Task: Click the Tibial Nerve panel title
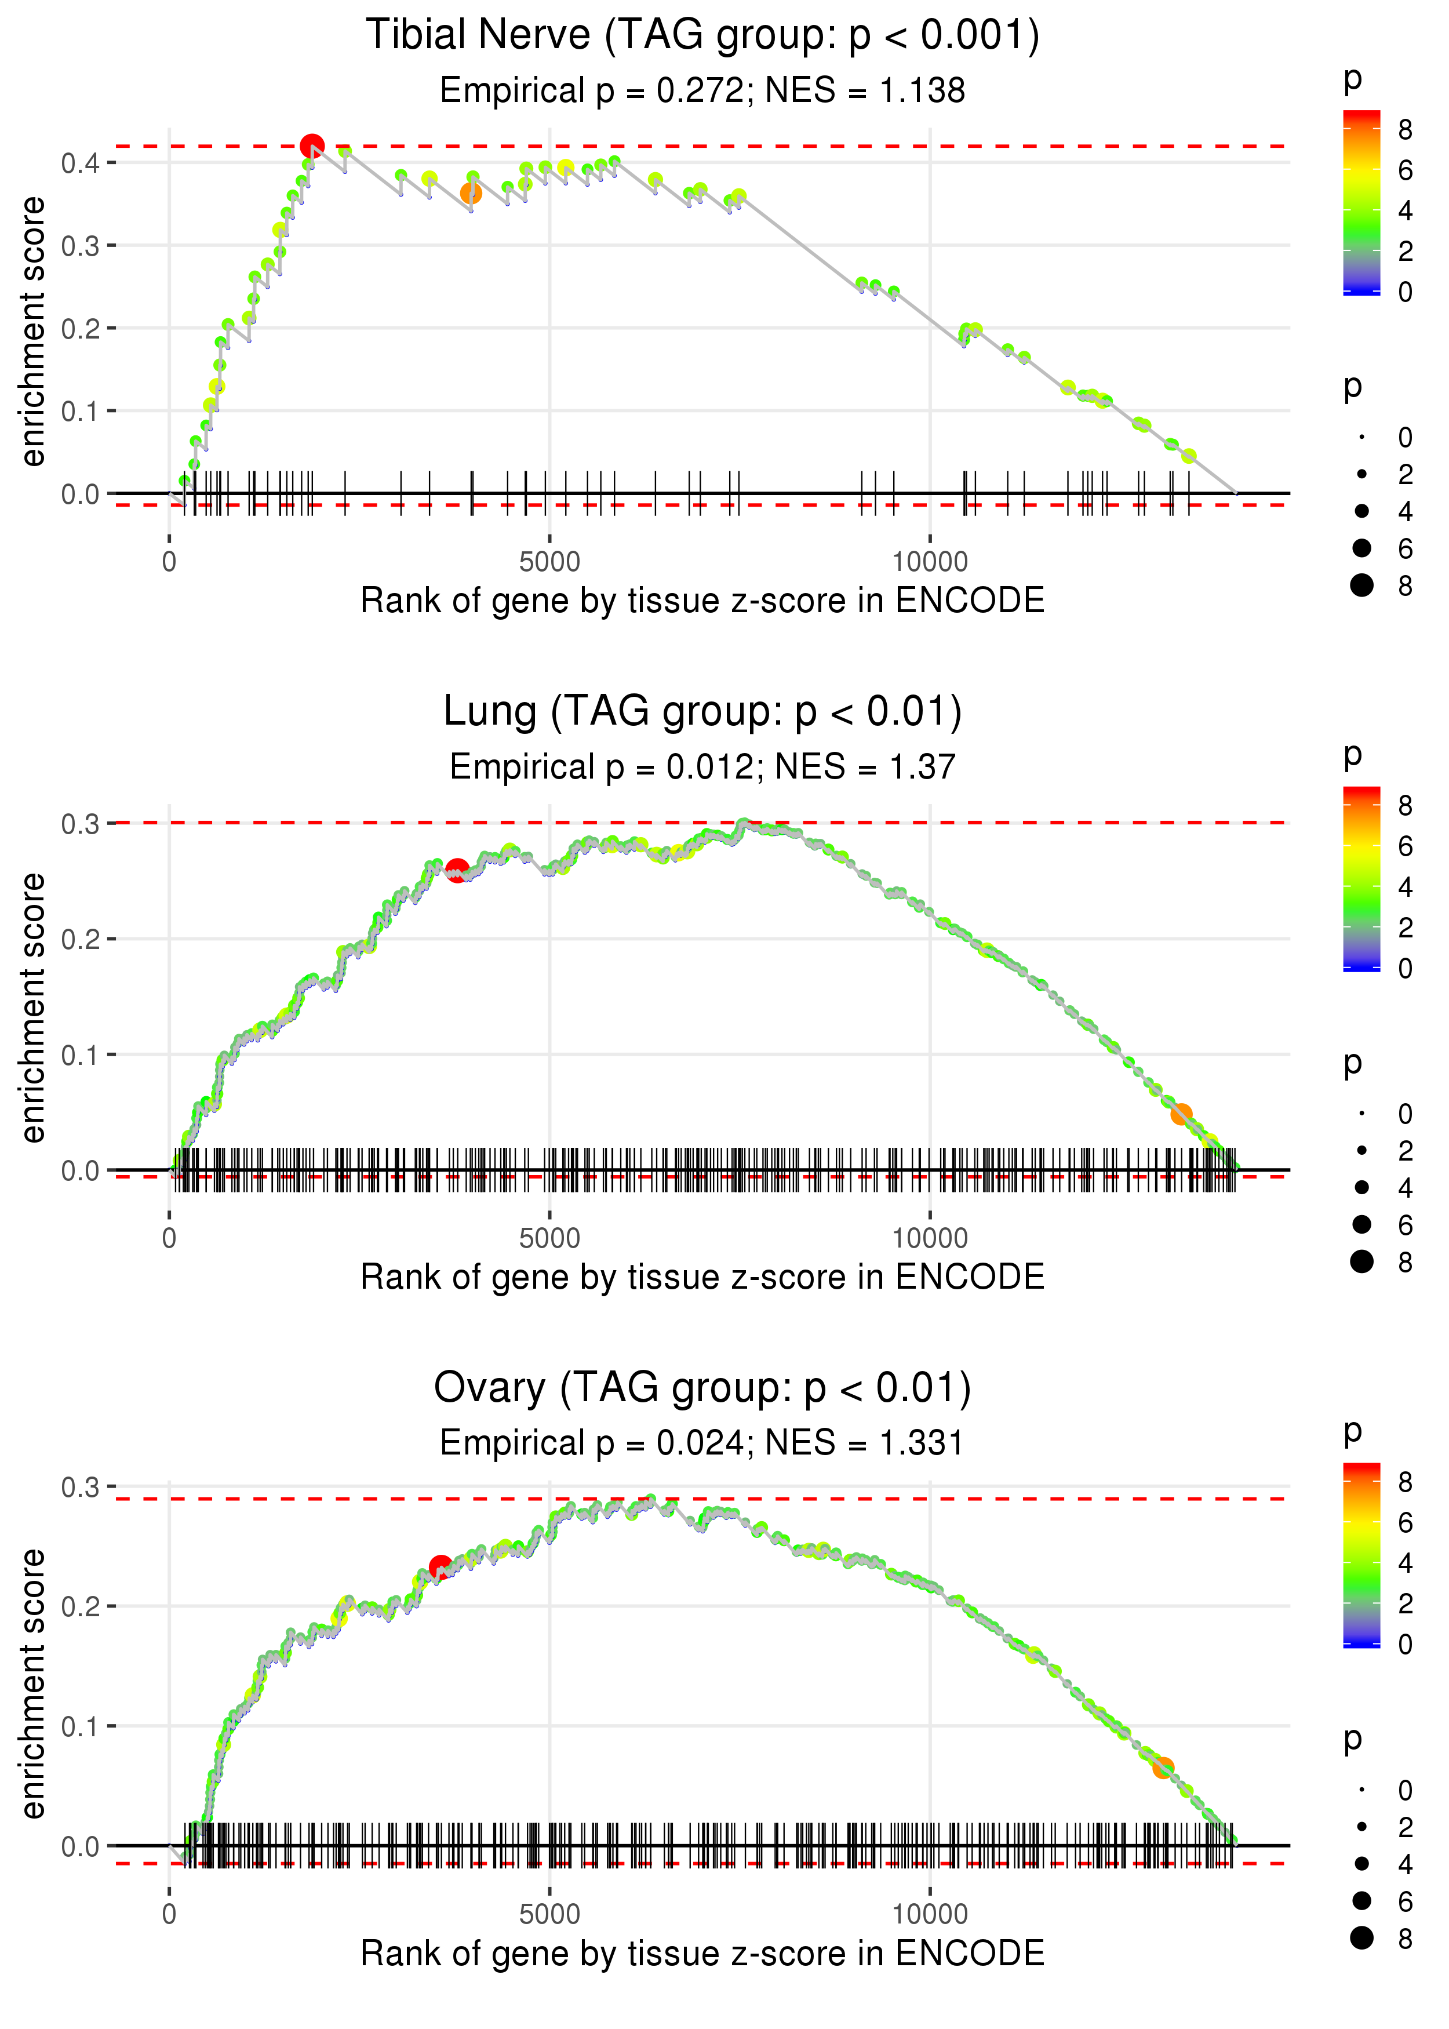(x=702, y=36)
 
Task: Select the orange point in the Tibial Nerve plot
(x=471, y=192)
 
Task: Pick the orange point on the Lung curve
(x=1181, y=1114)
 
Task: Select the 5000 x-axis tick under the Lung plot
(x=549, y=1238)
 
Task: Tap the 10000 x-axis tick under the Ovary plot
(x=930, y=1914)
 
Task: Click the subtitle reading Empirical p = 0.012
(x=702, y=766)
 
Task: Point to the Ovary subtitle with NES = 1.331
(x=702, y=1443)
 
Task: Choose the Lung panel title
(x=702, y=712)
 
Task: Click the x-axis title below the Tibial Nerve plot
(x=702, y=601)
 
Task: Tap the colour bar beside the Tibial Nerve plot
(x=1361, y=202)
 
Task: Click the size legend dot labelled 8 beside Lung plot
(x=1361, y=1261)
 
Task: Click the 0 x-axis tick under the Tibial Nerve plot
(x=169, y=562)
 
